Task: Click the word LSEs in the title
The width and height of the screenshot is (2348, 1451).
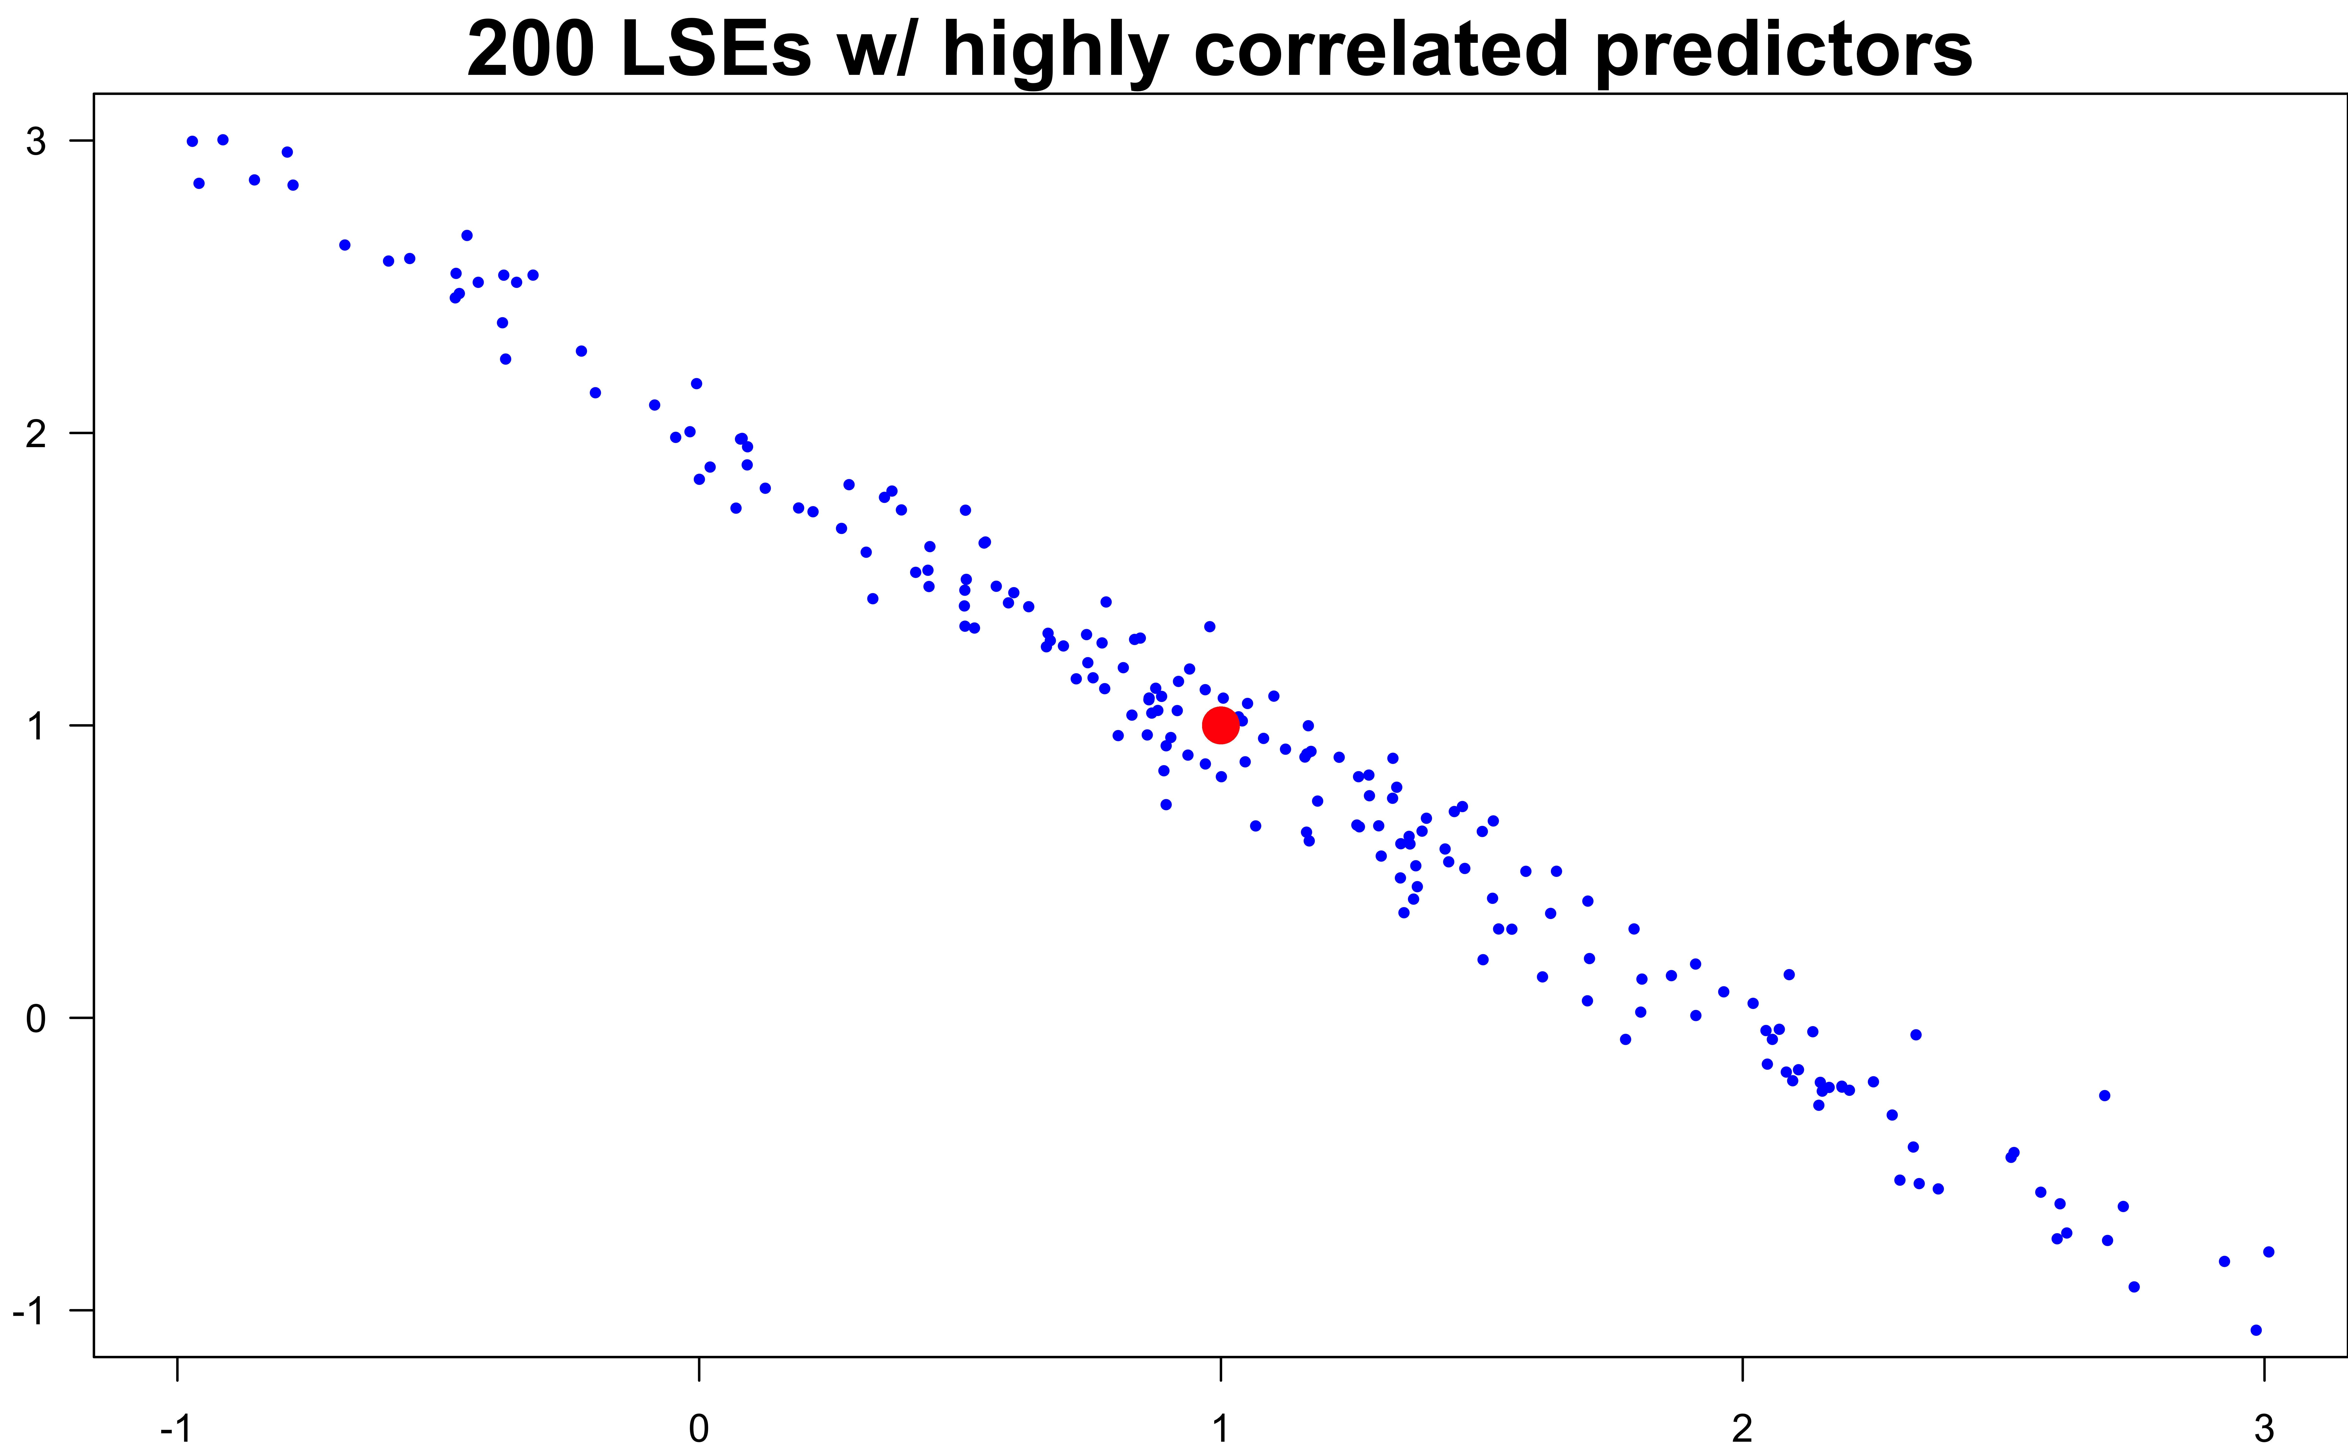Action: click(x=715, y=50)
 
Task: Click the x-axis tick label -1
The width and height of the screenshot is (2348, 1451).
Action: click(x=177, y=1428)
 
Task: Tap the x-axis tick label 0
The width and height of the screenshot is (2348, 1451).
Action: click(x=699, y=1428)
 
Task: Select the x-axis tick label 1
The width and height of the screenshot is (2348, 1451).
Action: click(x=1220, y=1428)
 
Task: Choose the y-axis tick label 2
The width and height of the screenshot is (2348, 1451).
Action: click(x=36, y=434)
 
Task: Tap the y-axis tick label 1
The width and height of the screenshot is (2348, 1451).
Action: click(x=36, y=726)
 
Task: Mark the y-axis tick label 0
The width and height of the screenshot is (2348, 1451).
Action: click(x=36, y=1018)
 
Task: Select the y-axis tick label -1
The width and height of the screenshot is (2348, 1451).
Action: click(x=29, y=1311)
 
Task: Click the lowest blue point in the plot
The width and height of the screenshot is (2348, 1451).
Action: click(x=2256, y=1330)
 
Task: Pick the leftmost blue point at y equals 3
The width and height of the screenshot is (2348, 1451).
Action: click(x=192, y=141)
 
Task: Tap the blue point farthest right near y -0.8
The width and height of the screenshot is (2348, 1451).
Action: click(x=2268, y=1251)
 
